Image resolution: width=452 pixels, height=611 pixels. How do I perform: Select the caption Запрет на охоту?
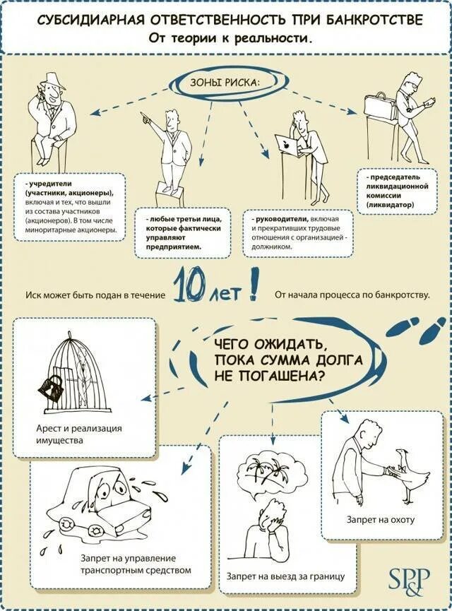[380, 519]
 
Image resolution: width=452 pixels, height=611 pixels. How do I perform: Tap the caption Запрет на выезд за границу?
[285, 576]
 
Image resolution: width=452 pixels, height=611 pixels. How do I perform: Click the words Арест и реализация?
[78, 428]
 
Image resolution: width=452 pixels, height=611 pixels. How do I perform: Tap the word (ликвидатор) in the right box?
[390, 204]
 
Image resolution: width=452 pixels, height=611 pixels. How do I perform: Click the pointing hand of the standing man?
[145, 118]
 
